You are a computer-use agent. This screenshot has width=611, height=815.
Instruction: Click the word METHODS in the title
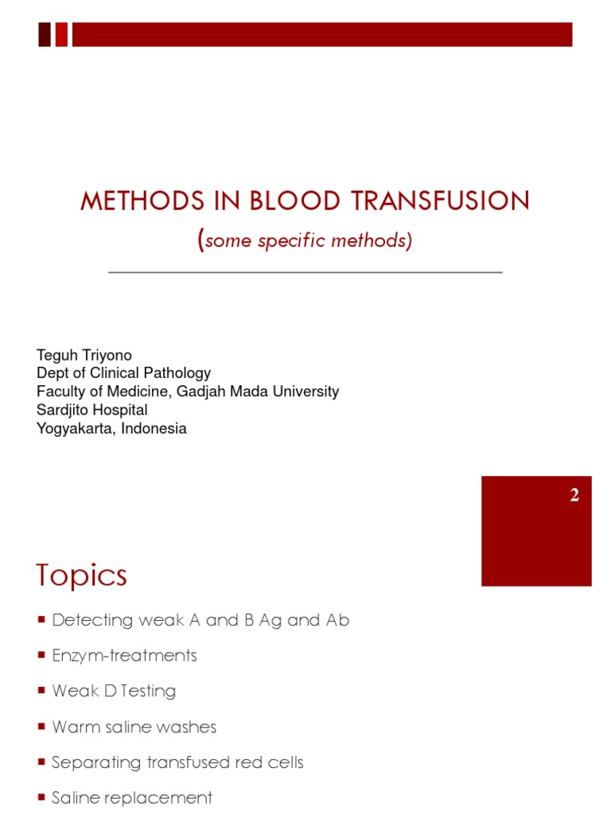pos(142,201)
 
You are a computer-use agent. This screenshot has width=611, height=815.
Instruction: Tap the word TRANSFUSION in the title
pos(440,201)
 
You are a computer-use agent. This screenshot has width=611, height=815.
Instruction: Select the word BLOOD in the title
pos(294,201)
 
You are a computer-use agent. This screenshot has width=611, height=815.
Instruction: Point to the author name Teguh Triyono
pos(84,355)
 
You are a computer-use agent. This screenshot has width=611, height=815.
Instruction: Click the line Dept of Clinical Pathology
pos(123,373)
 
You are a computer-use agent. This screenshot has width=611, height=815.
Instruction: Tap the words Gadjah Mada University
pos(258,391)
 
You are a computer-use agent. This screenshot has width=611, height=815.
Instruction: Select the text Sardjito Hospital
pos(92,410)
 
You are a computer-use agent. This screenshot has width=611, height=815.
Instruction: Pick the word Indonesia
pos(154,428)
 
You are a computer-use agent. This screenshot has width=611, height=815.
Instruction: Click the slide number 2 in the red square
pos(574,494)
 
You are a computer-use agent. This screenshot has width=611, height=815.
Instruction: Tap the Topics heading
pos(82,575)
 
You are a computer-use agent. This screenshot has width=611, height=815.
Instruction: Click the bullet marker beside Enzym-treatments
pos(41,655)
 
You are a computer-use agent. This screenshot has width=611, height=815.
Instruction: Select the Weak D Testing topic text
pos(115,691)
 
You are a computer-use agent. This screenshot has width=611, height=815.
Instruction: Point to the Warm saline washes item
pos(134,727)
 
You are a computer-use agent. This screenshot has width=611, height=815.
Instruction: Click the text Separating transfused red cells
pos(177,762)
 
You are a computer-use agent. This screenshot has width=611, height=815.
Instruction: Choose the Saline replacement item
pos(132,797)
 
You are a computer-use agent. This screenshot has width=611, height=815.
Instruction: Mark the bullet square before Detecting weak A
pos(41,619)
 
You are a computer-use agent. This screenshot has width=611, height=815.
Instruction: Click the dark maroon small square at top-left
pos(45,35)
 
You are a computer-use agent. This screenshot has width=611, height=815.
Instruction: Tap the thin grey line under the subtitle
pos(305,272)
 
